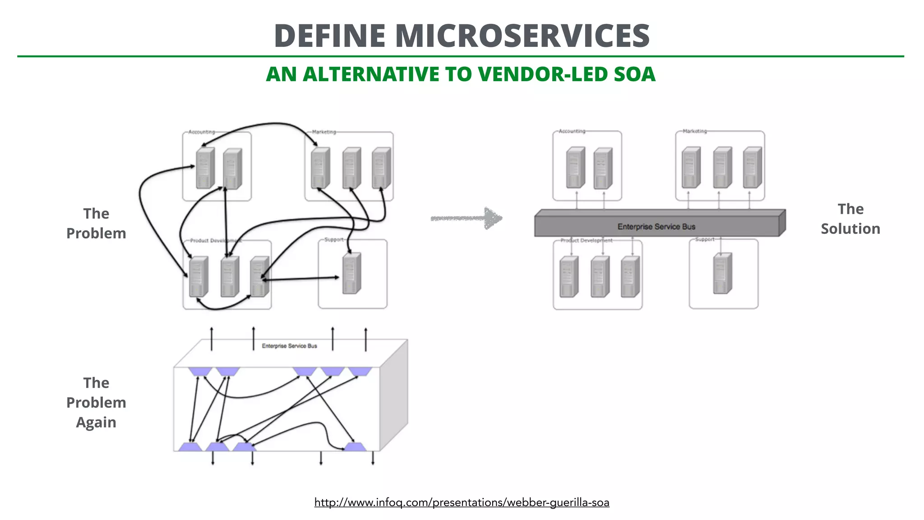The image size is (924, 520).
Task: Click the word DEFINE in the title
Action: [x=330, y=36]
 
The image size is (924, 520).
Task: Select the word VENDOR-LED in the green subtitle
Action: [x=544, y=74]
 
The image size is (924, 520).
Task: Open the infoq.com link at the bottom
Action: [x=462, y=502]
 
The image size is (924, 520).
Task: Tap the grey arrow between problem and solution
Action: [x=467, y=218]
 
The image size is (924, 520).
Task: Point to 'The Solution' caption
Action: [x=850, y=219]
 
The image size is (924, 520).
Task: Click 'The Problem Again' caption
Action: [x=96, y=402]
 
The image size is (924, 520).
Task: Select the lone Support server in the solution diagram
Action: [x=722, y=274]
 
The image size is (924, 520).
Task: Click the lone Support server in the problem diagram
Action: [x=351, y=274]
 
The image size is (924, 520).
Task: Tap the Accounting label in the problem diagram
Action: [x=201, y=132]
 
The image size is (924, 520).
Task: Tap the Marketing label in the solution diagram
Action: [x=694, y=131]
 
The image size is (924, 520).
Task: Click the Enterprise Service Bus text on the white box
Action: [x=289, y=346]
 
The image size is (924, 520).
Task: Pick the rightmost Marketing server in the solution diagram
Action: [x=752, y=167]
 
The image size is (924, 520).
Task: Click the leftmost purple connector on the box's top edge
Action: [x=199, y=371]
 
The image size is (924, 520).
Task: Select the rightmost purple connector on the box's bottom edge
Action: [x=355, y=447]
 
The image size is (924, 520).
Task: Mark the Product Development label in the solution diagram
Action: [x=586, y=241]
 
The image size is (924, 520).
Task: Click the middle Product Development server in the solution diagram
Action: [x=600, y=277]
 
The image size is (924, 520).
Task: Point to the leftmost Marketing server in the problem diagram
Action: [x=320, y=168]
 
